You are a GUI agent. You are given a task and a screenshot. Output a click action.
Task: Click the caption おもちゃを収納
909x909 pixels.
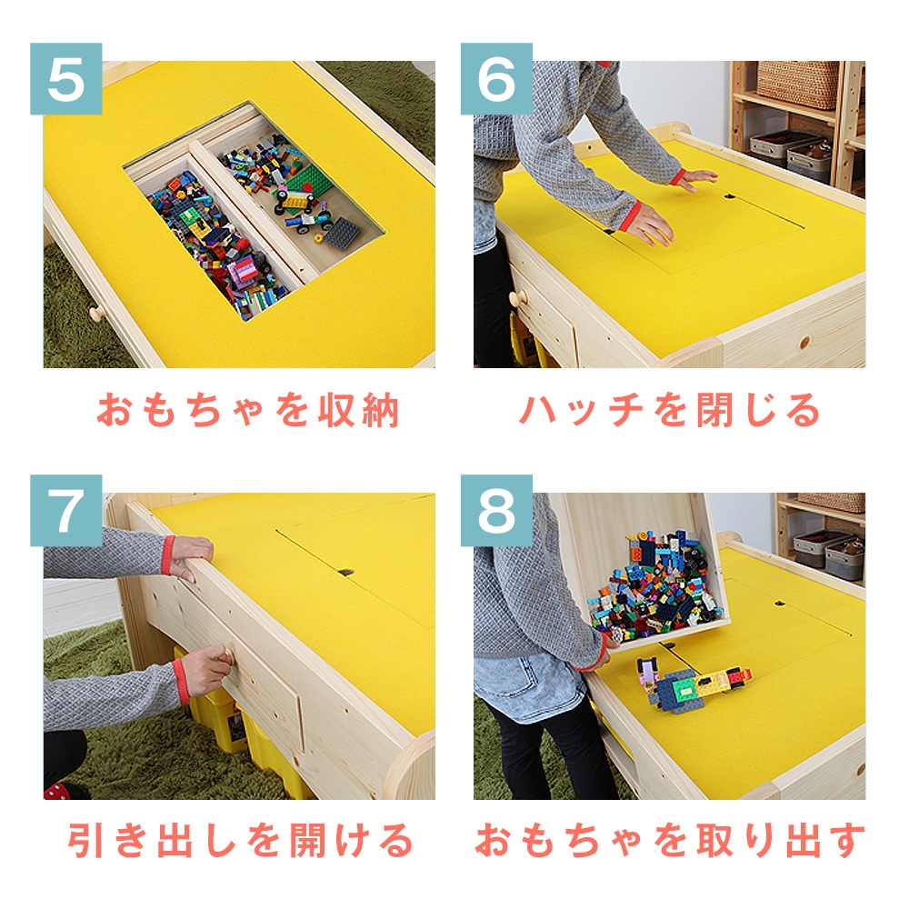point(247,411)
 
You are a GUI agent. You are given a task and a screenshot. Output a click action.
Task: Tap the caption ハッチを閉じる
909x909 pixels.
point(670,411)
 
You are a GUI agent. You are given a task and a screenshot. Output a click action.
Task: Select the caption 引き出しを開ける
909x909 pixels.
point(241,841)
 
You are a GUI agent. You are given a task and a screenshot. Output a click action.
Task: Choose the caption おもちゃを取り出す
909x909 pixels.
point(670,841)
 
